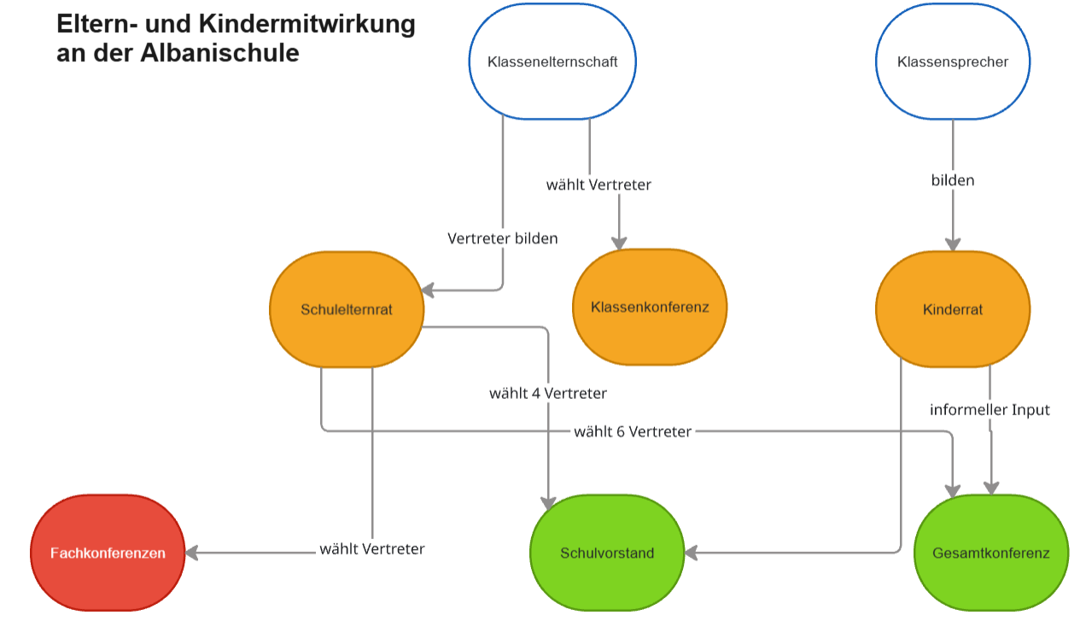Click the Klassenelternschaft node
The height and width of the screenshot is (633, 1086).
click(x=552, y=62)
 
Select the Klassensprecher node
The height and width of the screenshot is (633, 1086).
click(x=953, y=62)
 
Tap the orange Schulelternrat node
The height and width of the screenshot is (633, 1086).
click(x=347, y=309)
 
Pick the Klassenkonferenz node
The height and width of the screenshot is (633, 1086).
click(x=650, y=307)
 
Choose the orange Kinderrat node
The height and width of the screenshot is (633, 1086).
click(x=953, y=309)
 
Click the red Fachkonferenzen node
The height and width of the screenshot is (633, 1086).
click(x=108, y=553)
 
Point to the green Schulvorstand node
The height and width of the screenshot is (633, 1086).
click(x=607, y=553)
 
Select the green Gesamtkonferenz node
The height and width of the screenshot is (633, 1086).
click(x=991, y=553)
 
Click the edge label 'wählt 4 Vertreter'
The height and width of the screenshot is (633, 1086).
click(x=548, y=394)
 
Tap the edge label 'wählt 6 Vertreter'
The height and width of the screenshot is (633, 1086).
click(x=633, y=431)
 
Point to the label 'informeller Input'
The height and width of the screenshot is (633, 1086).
click(x=990, y=410)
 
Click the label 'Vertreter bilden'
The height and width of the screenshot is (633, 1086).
click(x=503, y=238)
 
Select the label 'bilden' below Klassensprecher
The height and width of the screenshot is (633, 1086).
click(x=953, y=180)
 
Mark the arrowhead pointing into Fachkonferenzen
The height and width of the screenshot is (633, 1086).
click(x=192, y=553)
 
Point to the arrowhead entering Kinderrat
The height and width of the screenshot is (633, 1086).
click(x=953, y=245)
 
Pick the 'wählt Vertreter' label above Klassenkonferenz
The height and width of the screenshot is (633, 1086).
click(x=598, y=185)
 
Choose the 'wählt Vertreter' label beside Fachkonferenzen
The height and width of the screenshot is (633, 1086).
click(x=372, y=548)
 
